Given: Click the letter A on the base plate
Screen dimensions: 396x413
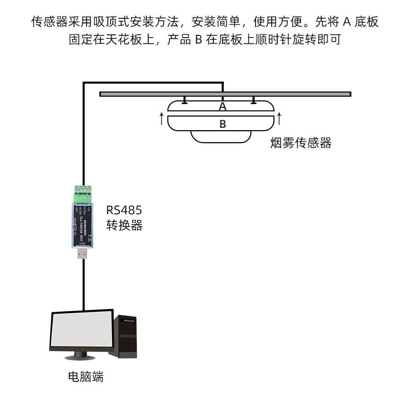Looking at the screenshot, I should pos(223,106).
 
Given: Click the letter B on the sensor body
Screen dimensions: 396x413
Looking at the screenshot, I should pos(223,124).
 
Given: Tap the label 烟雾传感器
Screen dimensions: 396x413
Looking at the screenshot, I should pos(301,143).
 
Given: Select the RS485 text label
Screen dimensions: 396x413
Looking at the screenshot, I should pos(124,210).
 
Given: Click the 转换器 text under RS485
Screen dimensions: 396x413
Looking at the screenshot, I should pos(124,225).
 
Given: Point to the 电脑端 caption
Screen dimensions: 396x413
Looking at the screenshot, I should pos(86,377).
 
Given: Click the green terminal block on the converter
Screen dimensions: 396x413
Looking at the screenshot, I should pos(83,192).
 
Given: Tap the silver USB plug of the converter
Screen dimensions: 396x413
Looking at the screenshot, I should pos(83,254).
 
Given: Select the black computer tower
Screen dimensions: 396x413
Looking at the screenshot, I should pos(126,337).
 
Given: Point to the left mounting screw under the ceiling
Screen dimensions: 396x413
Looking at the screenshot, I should pos(184,100).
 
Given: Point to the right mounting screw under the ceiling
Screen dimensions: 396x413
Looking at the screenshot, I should pos(253,100).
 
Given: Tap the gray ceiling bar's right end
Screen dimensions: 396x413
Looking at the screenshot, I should pos(348,94).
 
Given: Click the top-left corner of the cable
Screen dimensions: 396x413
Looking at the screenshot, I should pos(84,83).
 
